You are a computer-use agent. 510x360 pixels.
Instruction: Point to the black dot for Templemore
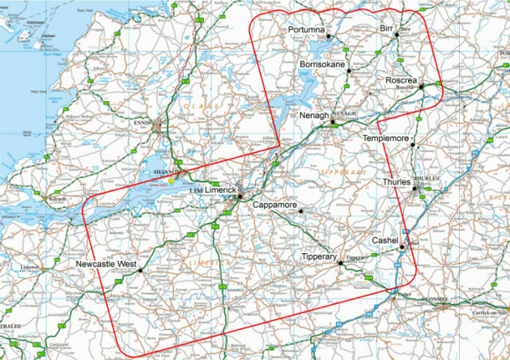[412, 145]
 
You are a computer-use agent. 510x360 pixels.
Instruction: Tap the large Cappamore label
[274, 205]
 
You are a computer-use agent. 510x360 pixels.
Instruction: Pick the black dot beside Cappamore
[300, 211]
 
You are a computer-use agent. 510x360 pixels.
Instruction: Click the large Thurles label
[396, 182]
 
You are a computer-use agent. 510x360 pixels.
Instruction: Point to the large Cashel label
[385, 241]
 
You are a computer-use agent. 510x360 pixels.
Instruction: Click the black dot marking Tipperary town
[340, 262]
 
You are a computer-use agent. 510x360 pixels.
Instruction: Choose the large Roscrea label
[401, 81]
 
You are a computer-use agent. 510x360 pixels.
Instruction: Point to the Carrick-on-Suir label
[491, 310]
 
